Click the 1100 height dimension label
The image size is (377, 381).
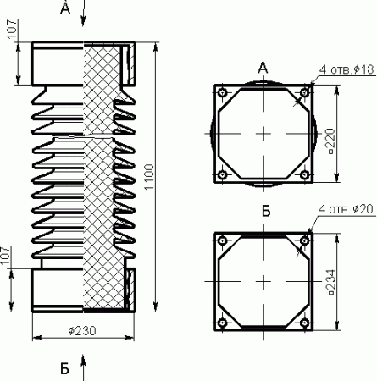149,177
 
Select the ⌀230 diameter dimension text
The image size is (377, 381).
82,330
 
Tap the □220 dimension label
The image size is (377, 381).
330,141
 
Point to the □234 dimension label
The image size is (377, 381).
331,282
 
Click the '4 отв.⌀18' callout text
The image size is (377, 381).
347,69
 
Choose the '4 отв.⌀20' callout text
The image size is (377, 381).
347,209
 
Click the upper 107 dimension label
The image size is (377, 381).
12,29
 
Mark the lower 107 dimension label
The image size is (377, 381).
6,256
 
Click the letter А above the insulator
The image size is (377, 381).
65,8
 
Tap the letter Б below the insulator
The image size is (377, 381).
64,368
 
